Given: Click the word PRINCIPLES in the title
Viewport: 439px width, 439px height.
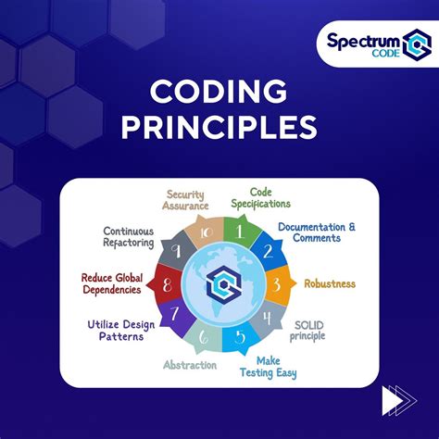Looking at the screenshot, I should coord(219,127).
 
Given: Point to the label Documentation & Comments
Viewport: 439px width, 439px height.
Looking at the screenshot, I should coord(318,232).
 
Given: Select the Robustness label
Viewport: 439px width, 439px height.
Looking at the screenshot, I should coord(331,283).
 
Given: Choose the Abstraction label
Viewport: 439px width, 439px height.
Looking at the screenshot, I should coord(190,364).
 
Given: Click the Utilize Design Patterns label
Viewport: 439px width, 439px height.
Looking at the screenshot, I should coord(120,332).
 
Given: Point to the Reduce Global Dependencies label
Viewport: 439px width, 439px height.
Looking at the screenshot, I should coord(111,282).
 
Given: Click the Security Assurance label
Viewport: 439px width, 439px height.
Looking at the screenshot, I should coord(185,201).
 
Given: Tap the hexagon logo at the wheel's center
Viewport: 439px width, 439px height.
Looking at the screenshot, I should coord(220,283).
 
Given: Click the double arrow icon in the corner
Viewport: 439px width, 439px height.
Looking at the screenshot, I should coord(399,401).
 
